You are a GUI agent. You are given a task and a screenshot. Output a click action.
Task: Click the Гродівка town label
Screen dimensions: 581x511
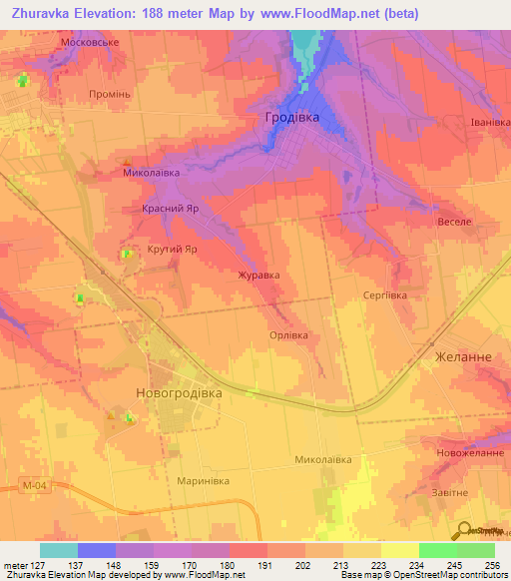point(292,117)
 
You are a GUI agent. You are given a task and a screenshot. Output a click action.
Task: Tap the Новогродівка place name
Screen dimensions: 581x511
point(179,393)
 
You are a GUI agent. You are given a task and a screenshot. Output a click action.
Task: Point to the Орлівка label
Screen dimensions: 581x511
point(289,335)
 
